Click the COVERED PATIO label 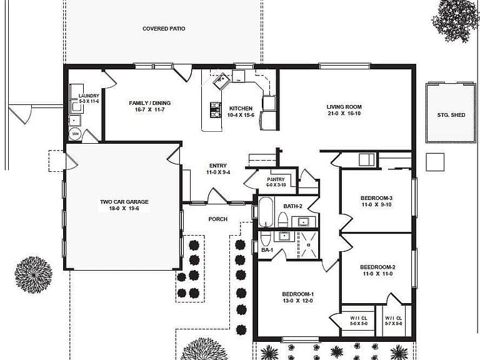pos(164,29)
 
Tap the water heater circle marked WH pos(75,134)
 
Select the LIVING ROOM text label pos(344,107)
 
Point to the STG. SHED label pos(451,115)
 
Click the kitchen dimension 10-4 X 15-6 pos(241,115)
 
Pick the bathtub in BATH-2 pos(266,212)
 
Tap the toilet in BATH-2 pos(282,220)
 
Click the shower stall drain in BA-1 pos(309,245)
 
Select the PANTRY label pos(276,179)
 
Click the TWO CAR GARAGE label pos(124,202)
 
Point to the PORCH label pos(218,219)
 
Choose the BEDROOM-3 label pos(376,198)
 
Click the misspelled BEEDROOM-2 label pos(377,267)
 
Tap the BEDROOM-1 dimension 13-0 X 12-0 pos(298,301)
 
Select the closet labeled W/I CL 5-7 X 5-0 pos(394,321)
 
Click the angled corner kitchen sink pos(222,81)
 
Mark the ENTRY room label pos(218,166)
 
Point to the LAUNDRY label pos(89,96)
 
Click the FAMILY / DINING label pos(150,103)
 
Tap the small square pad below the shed pos(435,162)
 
